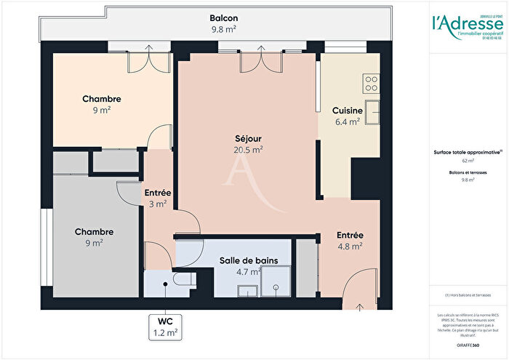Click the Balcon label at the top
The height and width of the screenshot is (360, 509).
224,18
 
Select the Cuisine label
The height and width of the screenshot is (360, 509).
347,111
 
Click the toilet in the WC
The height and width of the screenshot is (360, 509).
181,279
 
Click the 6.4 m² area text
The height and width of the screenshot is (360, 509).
347,122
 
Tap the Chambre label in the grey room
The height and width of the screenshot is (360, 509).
94,232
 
